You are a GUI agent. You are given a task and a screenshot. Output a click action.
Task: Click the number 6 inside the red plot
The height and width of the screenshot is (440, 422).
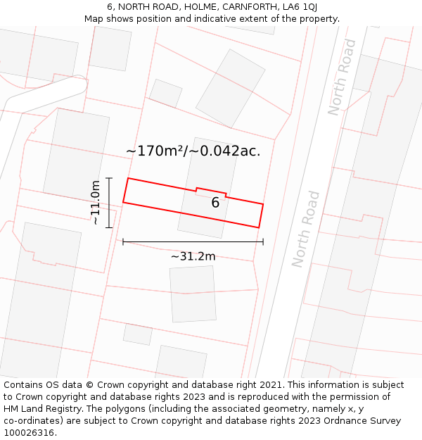pyautogui.click(x=215, y=203)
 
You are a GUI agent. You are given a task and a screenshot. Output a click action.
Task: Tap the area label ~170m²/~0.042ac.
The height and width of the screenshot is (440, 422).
pyautogui.click(x=193, y=151)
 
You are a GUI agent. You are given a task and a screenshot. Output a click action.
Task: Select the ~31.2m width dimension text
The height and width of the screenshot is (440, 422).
pyautogui.click(x=193, y=256)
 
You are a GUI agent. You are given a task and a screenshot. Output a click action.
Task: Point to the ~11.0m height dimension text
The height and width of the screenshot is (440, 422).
pyautogui.click(x=96, y=202)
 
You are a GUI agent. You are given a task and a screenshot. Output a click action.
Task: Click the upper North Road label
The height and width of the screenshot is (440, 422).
pyautogui.click(x=343, y=77)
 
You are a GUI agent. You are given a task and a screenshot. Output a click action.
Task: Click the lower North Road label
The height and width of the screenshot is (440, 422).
pyautogui.click(x=306, y=229)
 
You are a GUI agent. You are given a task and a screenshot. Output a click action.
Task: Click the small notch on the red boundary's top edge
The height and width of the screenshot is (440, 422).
pyautogui.click(x=211, y=190)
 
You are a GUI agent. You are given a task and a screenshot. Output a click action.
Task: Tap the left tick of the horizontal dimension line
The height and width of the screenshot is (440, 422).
pyautogui.click(x=123, y=242)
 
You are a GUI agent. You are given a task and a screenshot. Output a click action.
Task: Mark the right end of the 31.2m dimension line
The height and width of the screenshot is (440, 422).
pyautogui.click(x=263, y=242)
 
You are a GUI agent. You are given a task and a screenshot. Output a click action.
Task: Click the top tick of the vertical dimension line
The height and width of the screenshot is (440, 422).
pyautogui.click(x=109, y=177)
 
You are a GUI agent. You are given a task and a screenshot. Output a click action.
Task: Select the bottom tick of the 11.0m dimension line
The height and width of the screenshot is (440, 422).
pyautogui.click(x=109, y=227)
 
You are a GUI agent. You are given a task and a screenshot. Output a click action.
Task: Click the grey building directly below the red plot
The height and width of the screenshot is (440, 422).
pyautogui.click(x=193, y=294)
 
